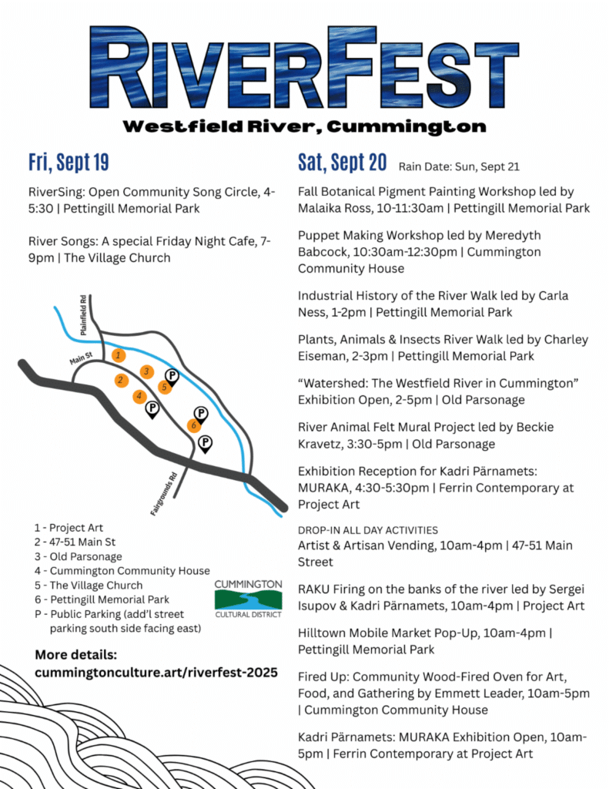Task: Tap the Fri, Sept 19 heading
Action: tap(69, 163)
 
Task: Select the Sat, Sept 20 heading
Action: tap(342, 163)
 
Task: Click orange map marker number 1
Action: tap(118, 355)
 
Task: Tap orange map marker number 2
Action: tap(121, 380)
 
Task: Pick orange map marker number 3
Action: tap(146, 372)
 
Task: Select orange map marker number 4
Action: tap(139, 396)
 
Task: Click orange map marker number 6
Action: tap(195, 425)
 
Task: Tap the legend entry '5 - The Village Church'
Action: tap(89, 585)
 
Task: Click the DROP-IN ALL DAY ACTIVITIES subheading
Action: tap(367, 530)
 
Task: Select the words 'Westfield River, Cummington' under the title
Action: tap(305, 126)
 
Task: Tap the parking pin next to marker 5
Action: tap(173, 375)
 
